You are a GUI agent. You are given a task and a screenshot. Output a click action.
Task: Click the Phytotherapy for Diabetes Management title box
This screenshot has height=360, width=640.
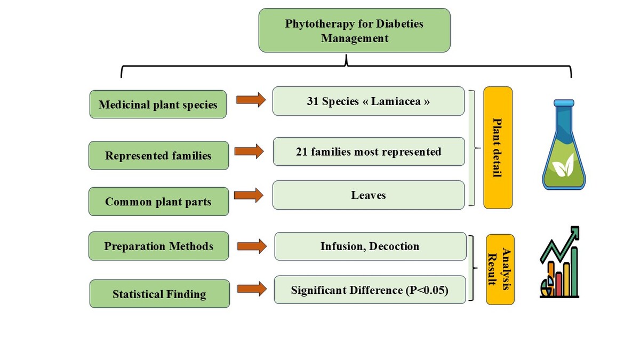tap(354, 30)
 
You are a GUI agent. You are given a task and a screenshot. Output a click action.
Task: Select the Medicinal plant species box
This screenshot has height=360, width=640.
tap(158, 105)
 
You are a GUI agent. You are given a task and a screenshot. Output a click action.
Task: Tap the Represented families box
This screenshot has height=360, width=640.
tap(158, 155)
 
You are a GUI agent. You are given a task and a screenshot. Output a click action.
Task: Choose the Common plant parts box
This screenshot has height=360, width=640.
tap(158, 202)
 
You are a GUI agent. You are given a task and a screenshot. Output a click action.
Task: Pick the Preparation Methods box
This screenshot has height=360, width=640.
tap(158, 246)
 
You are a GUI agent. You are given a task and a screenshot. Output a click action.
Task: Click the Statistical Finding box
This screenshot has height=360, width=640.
tap(159, 294)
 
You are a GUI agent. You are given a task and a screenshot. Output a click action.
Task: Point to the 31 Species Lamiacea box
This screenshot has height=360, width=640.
tap(369, 101)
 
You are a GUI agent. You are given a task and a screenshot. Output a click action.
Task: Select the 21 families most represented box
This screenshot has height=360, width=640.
tap(369, 151)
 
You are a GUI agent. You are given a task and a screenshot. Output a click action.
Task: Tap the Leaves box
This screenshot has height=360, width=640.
tap(369, 195)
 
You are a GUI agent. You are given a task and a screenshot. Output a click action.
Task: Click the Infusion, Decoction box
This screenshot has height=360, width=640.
tap(370, 246)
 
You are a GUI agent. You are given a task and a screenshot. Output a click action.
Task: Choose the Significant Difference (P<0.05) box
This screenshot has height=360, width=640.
tap(370, 290)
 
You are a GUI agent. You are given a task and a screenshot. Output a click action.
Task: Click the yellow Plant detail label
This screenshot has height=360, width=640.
tap(498, 148)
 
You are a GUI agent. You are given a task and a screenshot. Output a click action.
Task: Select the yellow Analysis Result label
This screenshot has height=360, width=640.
tap(500, 269)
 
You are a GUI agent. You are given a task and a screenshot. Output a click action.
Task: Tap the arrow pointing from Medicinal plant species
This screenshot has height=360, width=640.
tap(251, 100)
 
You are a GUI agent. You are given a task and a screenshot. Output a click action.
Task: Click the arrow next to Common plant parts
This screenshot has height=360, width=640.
tap(249, 195)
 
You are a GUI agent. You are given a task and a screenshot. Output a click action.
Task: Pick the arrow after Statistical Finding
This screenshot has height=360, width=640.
tap(252, 289)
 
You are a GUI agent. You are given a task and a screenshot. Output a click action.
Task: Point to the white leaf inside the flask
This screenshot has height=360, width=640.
tap(563, 165)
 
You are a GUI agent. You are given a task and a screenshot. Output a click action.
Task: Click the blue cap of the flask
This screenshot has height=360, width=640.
tap(564, 103)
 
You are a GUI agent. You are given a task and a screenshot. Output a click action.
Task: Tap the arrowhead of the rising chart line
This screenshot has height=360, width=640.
tap(574, 231)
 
